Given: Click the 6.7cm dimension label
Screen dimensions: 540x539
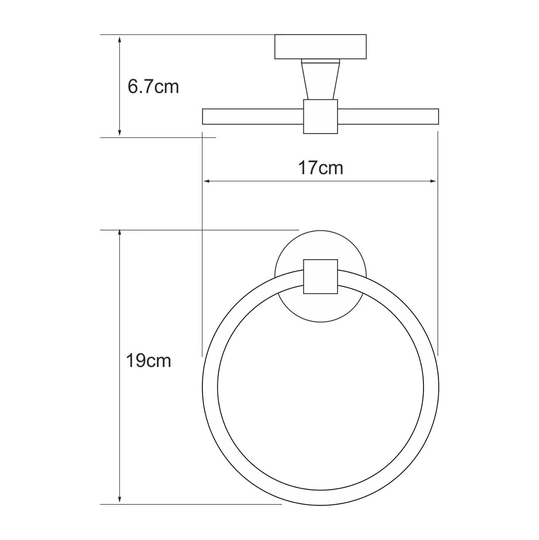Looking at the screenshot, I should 153,87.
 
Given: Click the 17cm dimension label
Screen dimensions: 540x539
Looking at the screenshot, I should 321,168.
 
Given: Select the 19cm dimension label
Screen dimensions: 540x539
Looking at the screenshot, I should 148,361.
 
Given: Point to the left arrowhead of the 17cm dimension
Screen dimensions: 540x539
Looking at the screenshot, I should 207,181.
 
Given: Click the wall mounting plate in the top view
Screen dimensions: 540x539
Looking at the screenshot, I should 320,46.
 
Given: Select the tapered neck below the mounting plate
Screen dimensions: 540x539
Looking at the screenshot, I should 320,80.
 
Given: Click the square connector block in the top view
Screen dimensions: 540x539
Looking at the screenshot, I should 321,117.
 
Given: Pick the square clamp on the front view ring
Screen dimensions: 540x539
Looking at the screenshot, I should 321,276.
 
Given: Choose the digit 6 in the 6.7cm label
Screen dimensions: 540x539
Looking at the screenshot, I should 133,87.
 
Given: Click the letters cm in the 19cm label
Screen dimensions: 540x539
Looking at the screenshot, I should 159,361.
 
